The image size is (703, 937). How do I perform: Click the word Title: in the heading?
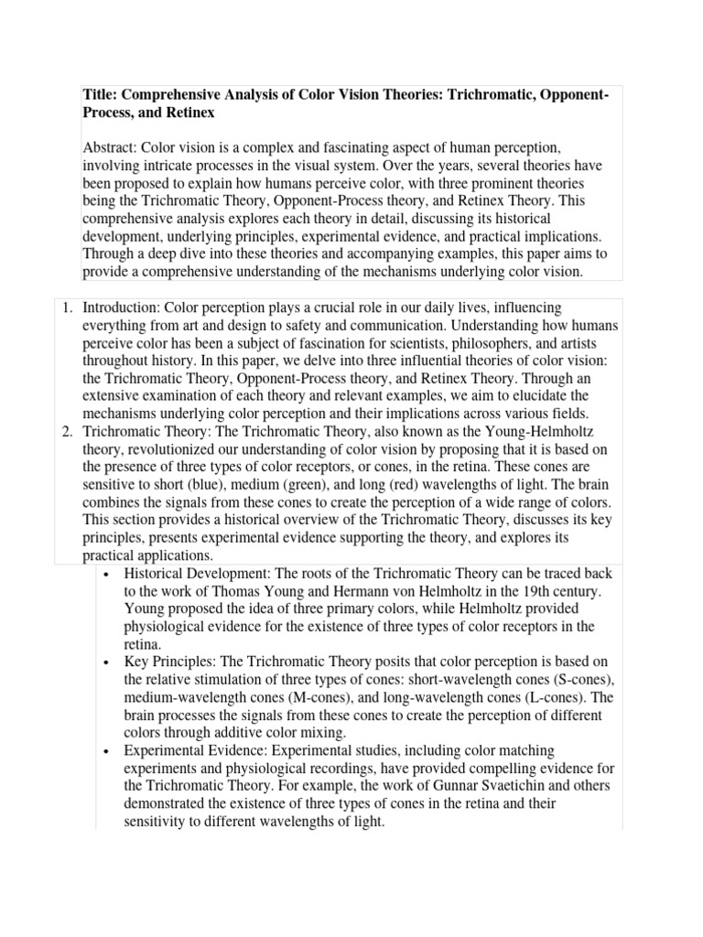(x=101, y=96)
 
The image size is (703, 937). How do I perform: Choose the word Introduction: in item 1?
(x=126, y=307)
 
